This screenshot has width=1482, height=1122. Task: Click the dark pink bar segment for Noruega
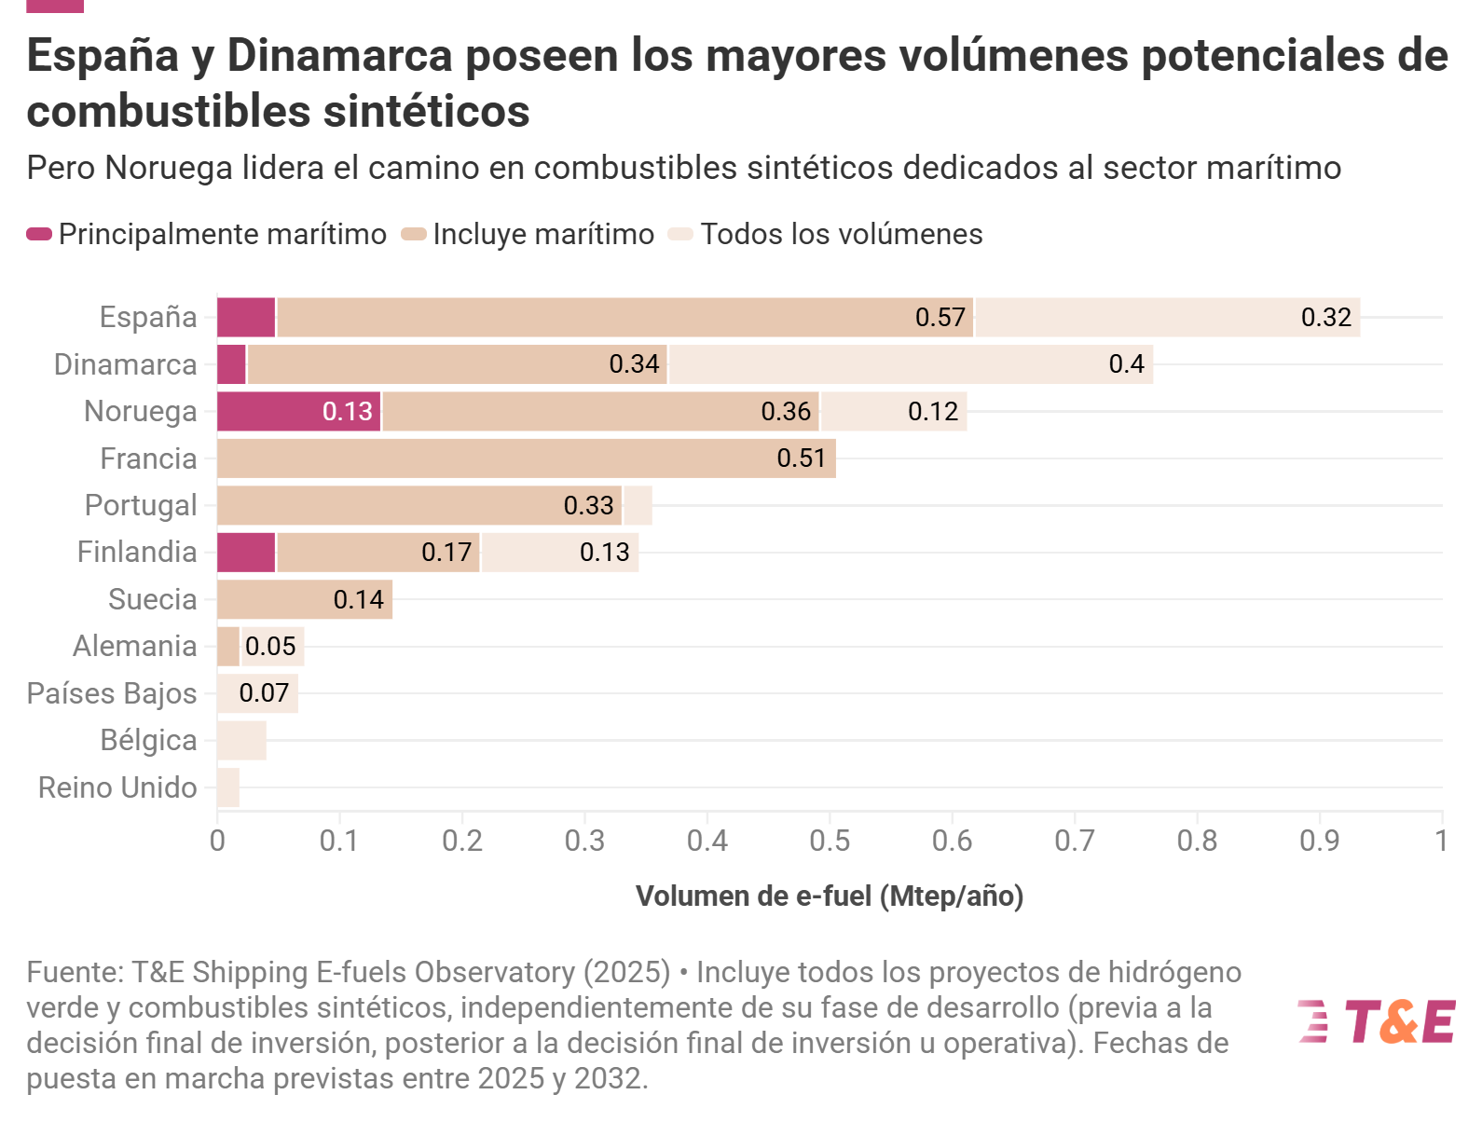298,411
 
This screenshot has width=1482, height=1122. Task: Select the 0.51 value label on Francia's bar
801,458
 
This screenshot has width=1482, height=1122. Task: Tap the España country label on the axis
148,317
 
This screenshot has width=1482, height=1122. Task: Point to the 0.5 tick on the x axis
830,841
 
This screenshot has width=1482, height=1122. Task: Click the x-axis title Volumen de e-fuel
830,896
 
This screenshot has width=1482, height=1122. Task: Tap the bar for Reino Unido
228,787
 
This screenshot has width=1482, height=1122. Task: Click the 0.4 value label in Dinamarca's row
1126,364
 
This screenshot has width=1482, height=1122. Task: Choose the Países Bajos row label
112,693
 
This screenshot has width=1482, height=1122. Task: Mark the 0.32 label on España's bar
1325,318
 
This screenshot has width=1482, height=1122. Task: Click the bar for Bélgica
241,740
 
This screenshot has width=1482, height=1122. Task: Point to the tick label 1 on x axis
1441,841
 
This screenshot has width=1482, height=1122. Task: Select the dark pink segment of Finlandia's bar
246,553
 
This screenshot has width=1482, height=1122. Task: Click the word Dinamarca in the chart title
339,56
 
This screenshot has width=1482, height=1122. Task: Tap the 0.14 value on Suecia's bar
358,599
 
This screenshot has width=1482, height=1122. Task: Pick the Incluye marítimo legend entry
543,234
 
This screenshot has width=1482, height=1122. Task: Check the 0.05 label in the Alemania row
270,646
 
